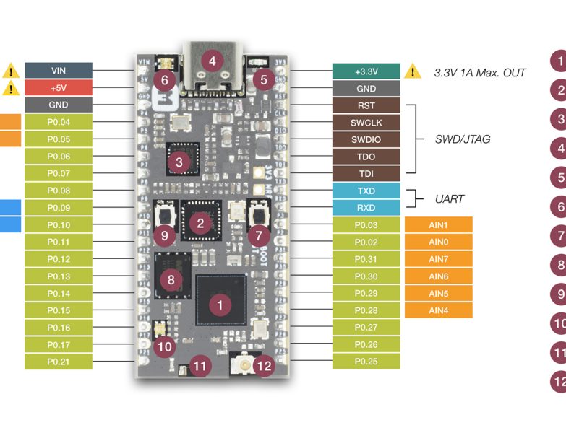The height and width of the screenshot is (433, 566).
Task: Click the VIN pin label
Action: pyautogui.click(x=59, y=70)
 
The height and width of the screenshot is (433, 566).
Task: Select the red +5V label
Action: pyautogui.click(x=59, y=87)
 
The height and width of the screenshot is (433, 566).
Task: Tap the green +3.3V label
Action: pyautogui.click(x=366, y=71)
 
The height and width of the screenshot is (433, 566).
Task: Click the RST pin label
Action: pyautogui.click(x=366, y=105)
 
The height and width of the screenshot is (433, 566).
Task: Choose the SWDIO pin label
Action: pyautogui.click(x=366, y=139)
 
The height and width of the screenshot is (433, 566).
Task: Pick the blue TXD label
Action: pyautogui.click(x=366, y=191)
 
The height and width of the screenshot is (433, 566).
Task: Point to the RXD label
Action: pyautogui.click(x=366, y=208)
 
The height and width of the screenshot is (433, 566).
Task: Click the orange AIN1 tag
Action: pyautogui.click(x=439, y=224)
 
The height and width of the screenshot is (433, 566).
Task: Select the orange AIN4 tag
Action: pyautogui.click(x=439, y=310)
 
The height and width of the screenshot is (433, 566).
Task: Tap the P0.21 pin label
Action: pyautogui.click(x=59, y=362)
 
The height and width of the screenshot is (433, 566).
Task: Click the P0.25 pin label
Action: pyautogui.click(x=366, y=362)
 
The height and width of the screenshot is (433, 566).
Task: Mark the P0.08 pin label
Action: pyautogui.click(x=59, y=191)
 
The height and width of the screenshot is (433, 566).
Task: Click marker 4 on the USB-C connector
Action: pyautogui.click(x=212, y=61)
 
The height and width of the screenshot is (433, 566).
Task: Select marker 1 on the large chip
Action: pyautogui.click(x=220, y=305)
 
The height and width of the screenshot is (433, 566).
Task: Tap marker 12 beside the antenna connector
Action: pyautogui.click(x=265, y=366)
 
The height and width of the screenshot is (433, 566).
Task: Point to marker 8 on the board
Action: pyautogui.click(x=171, y=279)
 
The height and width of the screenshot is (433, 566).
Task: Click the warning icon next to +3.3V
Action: pyautogui.click(x=412, y=71)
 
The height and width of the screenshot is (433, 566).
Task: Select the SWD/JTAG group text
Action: pyautogui.click(x=462, y=139)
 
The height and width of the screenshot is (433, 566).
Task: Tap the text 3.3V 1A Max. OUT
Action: pyautogui.click(x=479, y=72)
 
